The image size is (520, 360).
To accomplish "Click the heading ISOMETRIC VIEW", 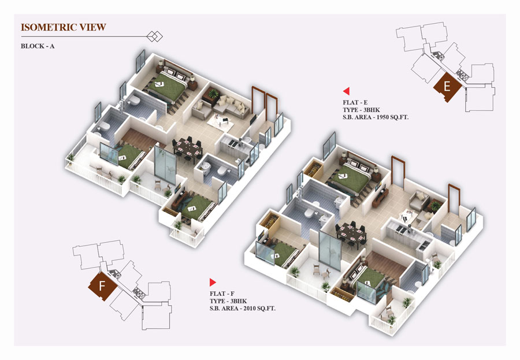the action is (64, 27).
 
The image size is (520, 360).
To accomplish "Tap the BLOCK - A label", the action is (38, 46).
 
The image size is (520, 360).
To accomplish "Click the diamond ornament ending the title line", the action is (154, 36).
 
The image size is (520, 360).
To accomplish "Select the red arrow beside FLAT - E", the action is (346, 91).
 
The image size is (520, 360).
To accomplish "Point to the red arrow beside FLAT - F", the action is (213, 283).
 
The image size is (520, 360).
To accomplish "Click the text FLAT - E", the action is (355, 102).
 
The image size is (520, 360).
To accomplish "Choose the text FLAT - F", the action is (222, 294).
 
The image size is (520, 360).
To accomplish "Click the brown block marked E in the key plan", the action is (447, 87).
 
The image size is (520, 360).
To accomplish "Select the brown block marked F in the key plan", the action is (102, 285).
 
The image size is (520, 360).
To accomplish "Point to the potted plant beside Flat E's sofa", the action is (213, 94).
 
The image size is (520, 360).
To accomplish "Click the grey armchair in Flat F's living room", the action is (418, 200).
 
